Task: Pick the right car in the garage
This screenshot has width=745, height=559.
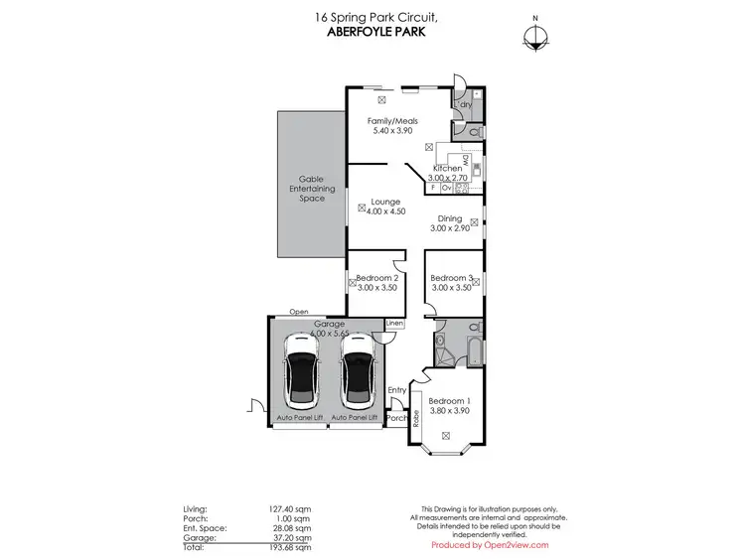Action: (x=356, y=377)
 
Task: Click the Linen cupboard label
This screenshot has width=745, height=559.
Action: (x=394, y=324)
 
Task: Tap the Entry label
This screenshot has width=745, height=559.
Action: (x=397, y=390)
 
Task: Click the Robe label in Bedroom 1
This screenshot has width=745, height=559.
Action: (x=417, y=420)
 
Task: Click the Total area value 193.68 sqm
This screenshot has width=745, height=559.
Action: (x=290, y=548)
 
